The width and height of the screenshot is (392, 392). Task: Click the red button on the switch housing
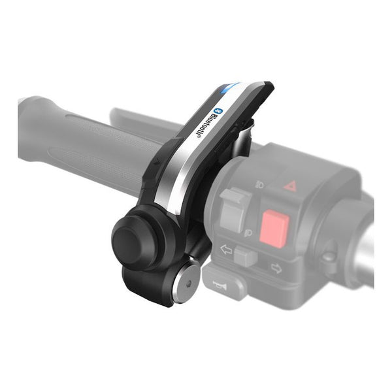point(274,226)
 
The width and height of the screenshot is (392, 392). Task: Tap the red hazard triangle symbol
point(290,186)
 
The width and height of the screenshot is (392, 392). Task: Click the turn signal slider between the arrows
point(246,256)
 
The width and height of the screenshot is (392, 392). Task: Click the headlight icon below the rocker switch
point(248,233)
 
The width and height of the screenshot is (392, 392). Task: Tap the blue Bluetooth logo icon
point(220,110)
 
